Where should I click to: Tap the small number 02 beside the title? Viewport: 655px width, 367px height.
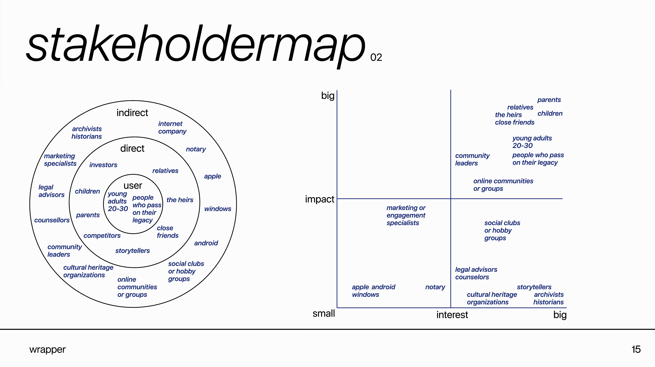376,58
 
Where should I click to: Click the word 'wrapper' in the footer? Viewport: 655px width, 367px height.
47,349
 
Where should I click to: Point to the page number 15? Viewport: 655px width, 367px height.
636,349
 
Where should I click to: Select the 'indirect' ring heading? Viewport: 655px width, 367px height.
132,113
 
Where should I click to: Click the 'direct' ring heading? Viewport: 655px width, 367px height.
132,148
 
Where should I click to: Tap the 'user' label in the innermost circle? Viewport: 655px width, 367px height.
133,186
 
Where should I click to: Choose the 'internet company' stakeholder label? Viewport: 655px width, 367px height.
172,127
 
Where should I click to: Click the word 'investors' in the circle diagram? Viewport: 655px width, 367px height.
103,165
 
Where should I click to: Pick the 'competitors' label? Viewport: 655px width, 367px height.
102,236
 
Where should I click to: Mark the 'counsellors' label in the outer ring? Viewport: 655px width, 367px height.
52,220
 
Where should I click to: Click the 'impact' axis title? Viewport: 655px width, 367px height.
319,199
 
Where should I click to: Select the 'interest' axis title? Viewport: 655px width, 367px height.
452,315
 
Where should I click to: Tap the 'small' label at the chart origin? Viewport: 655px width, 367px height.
324,314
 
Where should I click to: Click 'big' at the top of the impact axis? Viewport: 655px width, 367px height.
328,96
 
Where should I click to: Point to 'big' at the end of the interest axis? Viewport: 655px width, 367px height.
560,315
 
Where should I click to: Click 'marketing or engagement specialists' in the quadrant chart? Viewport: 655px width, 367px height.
406,215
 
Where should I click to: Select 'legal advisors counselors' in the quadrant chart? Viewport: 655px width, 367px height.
476,274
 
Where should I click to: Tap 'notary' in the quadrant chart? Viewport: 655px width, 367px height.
435,287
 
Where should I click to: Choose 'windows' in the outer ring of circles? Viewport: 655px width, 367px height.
218,209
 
